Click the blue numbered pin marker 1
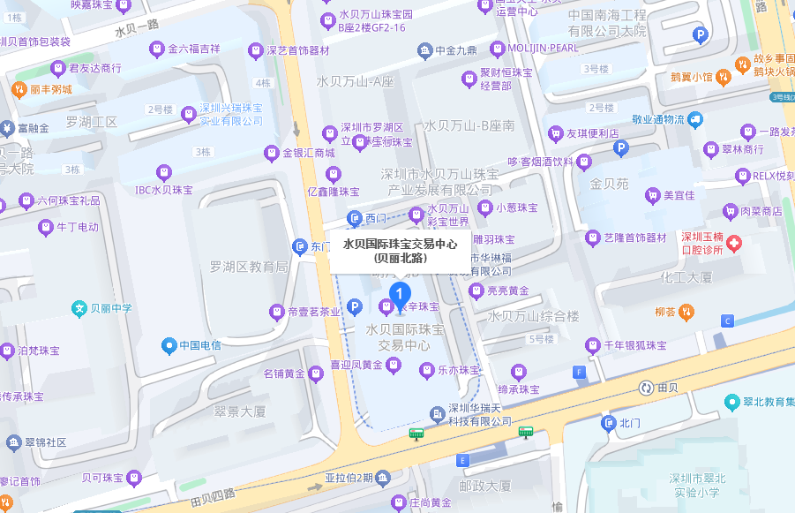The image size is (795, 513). click(x=401, y=294)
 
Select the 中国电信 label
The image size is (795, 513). click(x=199, y=345)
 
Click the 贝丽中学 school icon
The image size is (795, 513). click(x=80, y=308)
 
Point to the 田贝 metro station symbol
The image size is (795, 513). click(x=647, y=388)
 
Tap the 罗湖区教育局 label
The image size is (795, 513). click(x=249, y=267)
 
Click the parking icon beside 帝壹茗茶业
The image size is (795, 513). click(x=354, y=307)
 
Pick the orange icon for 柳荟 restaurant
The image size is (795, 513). click(x=689, y=312)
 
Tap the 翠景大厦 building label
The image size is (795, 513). click(x=240, y=411)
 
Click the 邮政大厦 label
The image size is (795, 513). click(x=484, y=486)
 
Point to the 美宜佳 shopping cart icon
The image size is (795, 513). click(x=653, y=195)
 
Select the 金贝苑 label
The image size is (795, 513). click(x=609, y=185)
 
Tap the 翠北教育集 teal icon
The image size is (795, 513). click(x=731, y=402)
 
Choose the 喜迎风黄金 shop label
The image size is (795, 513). click(x=356, y=365)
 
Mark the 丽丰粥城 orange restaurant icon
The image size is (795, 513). click(x=18, y=89)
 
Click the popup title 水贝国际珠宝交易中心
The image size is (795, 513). click(x=400, y=245)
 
